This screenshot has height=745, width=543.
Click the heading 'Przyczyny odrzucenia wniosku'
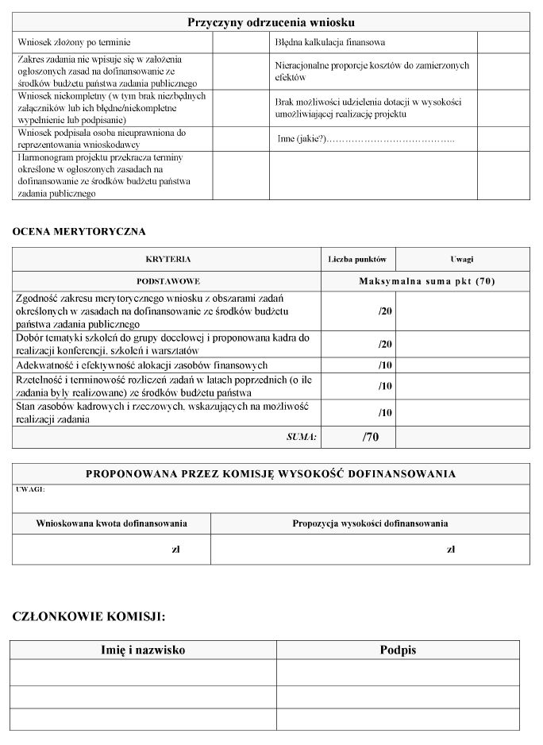271,22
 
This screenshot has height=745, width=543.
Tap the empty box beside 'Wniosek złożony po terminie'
241,41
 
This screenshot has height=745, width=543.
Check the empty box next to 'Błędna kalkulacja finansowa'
503,41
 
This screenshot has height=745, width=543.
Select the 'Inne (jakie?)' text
302,139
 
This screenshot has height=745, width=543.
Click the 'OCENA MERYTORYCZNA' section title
79,231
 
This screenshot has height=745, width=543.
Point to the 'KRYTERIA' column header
168,259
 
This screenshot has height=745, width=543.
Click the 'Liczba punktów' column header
357,259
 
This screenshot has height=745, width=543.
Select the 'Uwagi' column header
461,259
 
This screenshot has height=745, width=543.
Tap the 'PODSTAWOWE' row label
168,281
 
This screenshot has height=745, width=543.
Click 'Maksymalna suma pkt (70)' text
426,281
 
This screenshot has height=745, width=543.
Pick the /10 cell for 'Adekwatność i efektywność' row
385,365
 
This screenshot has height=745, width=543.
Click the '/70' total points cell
371,437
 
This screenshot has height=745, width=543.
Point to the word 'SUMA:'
302,437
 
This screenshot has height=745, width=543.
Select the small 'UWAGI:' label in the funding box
30,489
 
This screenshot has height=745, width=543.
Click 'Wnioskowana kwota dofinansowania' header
111,523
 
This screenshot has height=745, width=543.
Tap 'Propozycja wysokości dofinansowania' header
370,523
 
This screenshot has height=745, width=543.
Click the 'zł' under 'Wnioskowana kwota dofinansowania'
175,549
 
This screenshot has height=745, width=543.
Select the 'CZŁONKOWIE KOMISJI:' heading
89,616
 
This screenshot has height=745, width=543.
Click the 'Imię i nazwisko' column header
143,650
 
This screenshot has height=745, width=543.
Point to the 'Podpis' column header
398,650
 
